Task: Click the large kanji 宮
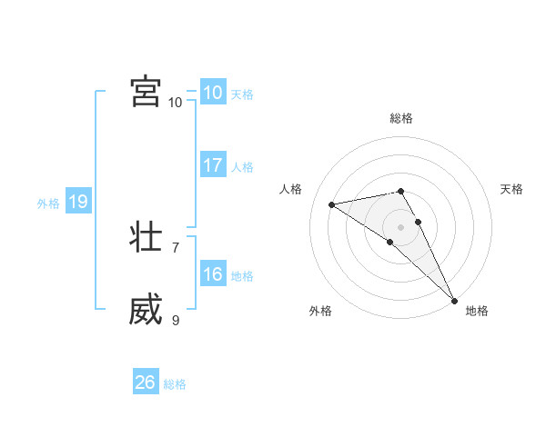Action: [x=146, y=93]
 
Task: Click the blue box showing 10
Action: [x=212, y=93]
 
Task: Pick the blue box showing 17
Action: [x=212, y=165]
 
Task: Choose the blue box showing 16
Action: [x=212, y=274]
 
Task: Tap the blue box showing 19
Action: [x=77, y=202]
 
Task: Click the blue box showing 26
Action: [x=145, y=382]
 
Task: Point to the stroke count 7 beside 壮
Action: [x=176, y=247]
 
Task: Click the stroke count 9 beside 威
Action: [x=176, y=320]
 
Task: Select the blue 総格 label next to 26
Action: [x=175, y=384]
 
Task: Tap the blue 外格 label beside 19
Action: [x=48, y=204]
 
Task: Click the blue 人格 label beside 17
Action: [x=242, y=167]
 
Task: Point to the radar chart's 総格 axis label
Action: [x=401, y=118]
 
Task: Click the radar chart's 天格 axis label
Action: [x=511, y=189]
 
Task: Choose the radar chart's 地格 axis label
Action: [x=477, y=311]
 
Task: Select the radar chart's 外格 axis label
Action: [x=320, y=311]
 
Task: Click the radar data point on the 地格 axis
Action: [x=454, y=301]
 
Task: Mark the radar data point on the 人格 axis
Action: [x=332, y=204]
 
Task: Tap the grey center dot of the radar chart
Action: [x=400, y=226]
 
